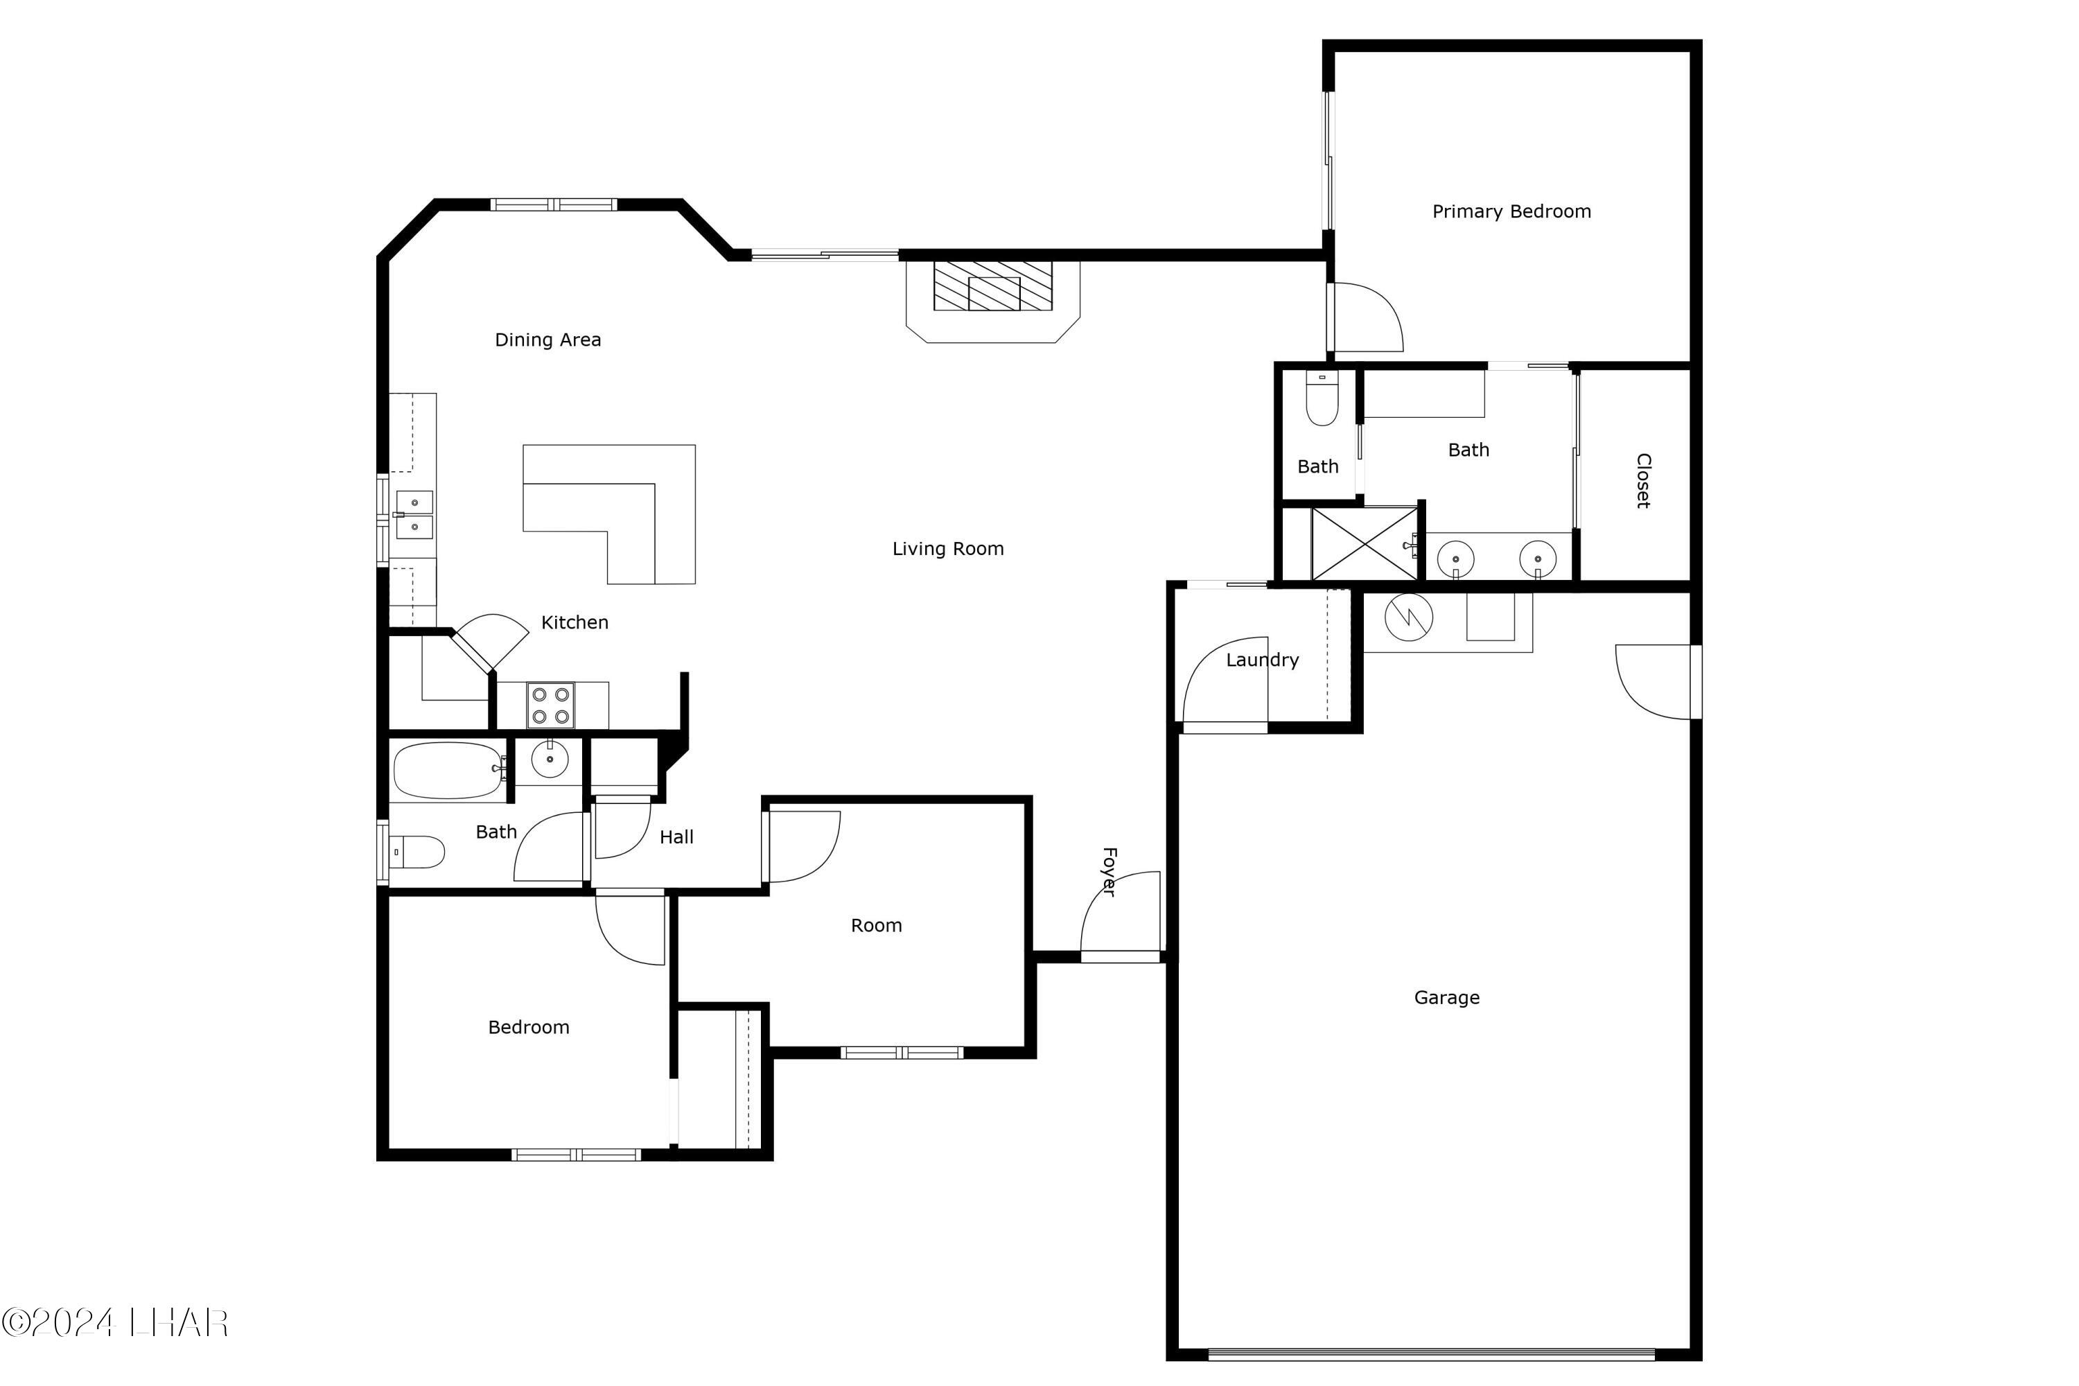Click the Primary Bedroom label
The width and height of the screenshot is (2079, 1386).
point(1511,211)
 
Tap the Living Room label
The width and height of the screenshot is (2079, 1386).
point(947,549)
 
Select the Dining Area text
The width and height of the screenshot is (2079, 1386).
point(547,340)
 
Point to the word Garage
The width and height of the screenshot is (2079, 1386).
point(1446,998)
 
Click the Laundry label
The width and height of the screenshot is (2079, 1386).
point(1261,660)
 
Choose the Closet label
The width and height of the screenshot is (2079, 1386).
point(1643,481)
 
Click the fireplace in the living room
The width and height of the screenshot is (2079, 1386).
point(992,286)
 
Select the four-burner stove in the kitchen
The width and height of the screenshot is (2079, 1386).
point(550,705)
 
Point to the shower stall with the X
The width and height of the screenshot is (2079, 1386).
point(1364,543)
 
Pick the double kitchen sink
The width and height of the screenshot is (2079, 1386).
point(414,514)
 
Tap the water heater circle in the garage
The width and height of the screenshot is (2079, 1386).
point(1408,616)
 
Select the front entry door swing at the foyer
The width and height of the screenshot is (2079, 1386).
point(1121,915)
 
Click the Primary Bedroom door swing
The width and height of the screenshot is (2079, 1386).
point(1366,317)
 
